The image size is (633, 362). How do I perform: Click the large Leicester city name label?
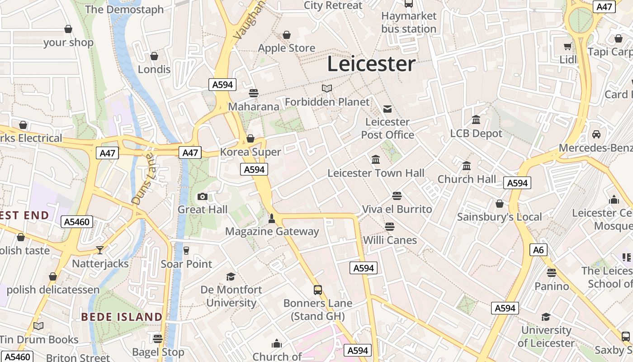pyautogui.click(x=371, y=64)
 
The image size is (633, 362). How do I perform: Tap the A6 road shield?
pyautogui.click(x=539, y=250)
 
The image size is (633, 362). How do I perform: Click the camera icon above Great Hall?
pyautogui.click(x=203, y=196)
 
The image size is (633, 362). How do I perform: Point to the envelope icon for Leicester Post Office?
pyautogui.click(x=387, y=109)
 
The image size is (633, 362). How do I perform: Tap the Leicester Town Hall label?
pyautogui.click(x=376, y=173)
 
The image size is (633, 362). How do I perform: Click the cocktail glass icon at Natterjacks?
pyautogui.click(x=100, y=250)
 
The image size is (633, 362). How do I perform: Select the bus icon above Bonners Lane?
pyautogui.click(x=318, y=290)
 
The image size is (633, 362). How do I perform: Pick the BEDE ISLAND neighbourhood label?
pyautogui.click(x=122, y=317)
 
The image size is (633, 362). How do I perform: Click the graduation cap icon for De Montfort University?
pyautogui.click(x=231, y=276)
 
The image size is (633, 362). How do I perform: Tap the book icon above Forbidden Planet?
pyautogui.click(x=327, y=88)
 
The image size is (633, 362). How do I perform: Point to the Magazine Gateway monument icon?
pyautogui.click(x=272, y=219)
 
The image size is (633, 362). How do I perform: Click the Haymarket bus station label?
pyautogui.click(x=409, y=22)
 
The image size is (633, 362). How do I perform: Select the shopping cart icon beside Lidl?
pyautogui.click(x=567, y=46)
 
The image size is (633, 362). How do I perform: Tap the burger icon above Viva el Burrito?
pyautogui.click(x=397, y=196)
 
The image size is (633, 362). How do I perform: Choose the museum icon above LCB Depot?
pyautogui.click(x=476, y=120)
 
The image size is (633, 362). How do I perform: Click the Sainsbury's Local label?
pyautogui.click(x=499, y=217)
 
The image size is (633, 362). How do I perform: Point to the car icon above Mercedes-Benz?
pyautogui.click(x=596, y=134)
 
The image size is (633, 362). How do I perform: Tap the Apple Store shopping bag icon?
pyautogui.click(x=287, y=34)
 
